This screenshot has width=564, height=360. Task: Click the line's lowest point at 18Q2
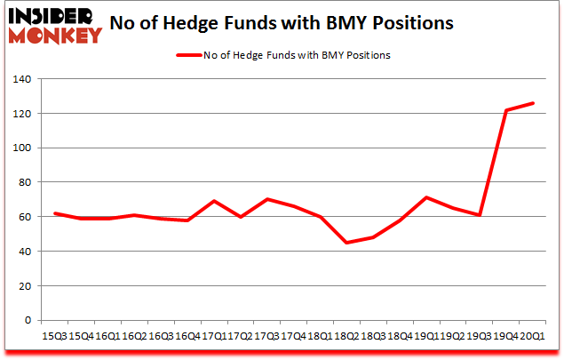point(347,243)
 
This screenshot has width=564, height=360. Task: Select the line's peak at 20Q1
point(534,103)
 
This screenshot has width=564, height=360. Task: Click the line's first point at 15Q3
point(54,213)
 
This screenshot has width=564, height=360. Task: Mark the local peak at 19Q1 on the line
point(427,197)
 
